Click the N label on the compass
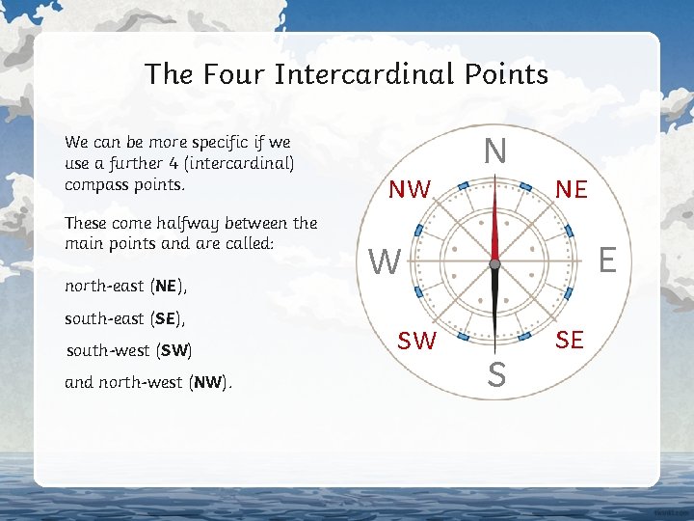click(494, 151)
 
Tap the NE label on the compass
click(572, 190)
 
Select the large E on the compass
click(607, 260)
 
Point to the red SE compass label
click(569, 340)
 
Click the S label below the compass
click(496, 374)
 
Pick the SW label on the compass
click(416, 341)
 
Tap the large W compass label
click(385, 261)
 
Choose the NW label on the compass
click(410, 190)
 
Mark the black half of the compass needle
click(494, 299)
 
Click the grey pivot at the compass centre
click(494, 262)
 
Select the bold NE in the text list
click(166, 287)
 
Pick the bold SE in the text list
click(166, 318)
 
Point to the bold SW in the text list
click(174, 350)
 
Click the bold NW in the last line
click(207, 382)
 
